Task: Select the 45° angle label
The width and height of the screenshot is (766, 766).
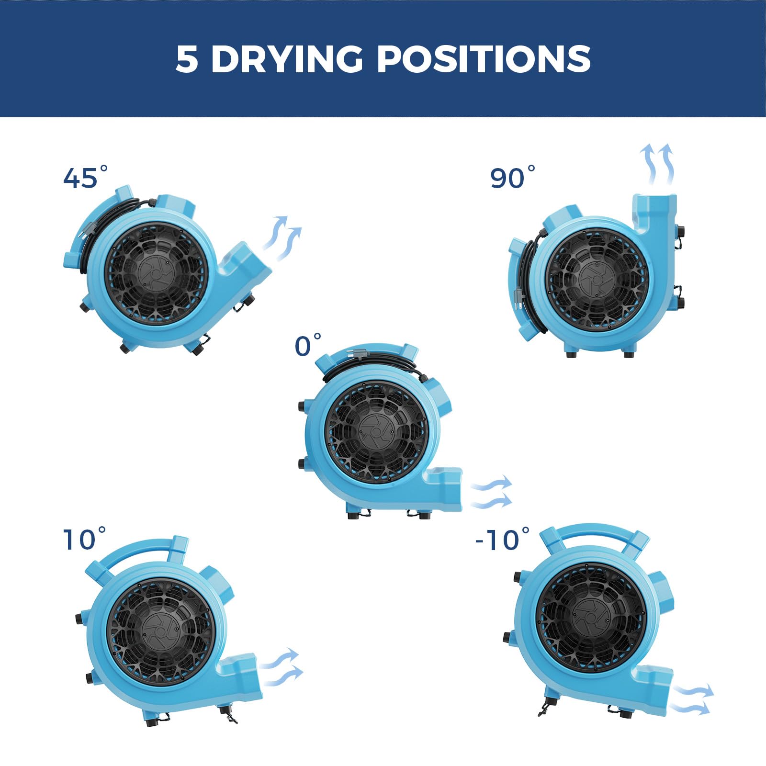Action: tap(86, 177)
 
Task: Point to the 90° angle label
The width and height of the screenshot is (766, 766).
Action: tap(513, 177)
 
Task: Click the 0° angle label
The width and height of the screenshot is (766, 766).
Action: tap(308, 345)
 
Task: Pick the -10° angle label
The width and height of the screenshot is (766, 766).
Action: tap(503, 539)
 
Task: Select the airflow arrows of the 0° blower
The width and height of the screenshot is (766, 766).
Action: tap(492, 492)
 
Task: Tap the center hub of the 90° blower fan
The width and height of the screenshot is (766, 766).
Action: tap(596, 279)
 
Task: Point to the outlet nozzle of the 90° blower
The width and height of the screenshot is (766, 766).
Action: tap(654, 215)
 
